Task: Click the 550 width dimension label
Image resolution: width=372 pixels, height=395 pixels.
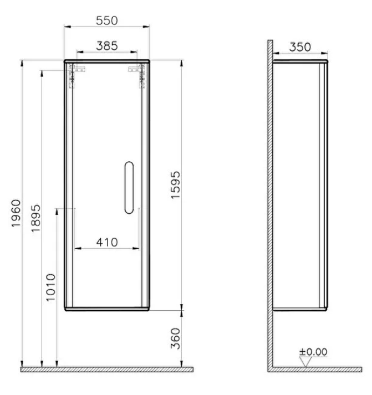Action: [x=107, y=20]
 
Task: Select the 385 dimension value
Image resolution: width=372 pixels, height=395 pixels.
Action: [x=107, y=46]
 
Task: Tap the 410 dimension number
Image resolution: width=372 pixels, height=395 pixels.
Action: [x=107, y=242]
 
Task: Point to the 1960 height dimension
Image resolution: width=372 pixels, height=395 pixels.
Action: [x=16, y=213]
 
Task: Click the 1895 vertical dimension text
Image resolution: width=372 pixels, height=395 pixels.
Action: [x=35, y=218]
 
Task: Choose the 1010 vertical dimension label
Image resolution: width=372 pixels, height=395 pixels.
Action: [x=50, y=288]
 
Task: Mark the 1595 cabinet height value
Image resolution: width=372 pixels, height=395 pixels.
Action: [x=176, y=185]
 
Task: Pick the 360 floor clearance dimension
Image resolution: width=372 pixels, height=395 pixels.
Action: [x=176, y=338]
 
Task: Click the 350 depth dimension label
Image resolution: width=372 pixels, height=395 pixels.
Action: [x=300, y=47]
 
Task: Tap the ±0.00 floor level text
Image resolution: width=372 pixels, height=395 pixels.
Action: [x=313, y=352]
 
